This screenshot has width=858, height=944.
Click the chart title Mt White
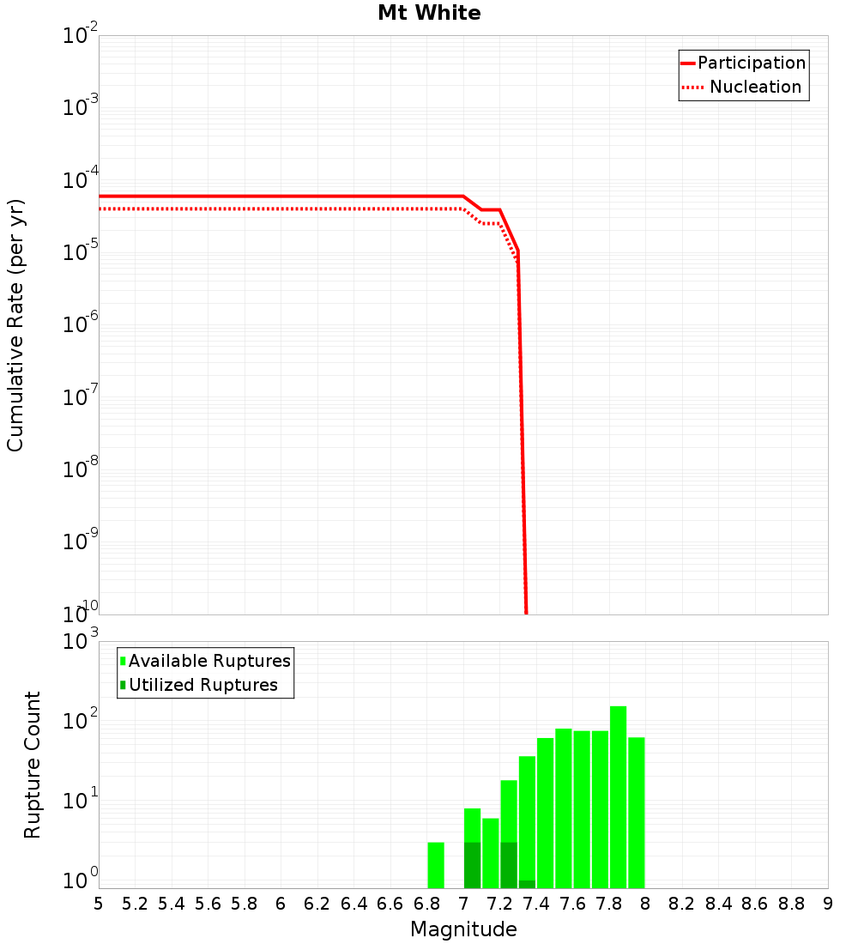click(x=429, y=13)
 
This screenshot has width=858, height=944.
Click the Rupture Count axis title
click(x=32, y=765)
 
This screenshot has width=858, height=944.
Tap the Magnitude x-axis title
click(x=463, y=929)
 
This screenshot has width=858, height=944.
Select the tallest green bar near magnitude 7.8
click(x=618, y=796)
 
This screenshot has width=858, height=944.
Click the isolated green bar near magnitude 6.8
click(x=436, y=865)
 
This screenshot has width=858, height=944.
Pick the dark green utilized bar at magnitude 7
click(x=472, y=865)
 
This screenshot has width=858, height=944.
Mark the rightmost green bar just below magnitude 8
click(x=636, y=812)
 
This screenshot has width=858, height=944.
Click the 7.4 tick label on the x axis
click(x=536, y=904)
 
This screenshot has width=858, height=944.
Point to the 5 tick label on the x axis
click(x=99, y=904)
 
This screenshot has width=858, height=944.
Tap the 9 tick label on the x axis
click(x=827, y=904)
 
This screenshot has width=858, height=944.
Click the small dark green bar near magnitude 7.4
click(x=527, y=884)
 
